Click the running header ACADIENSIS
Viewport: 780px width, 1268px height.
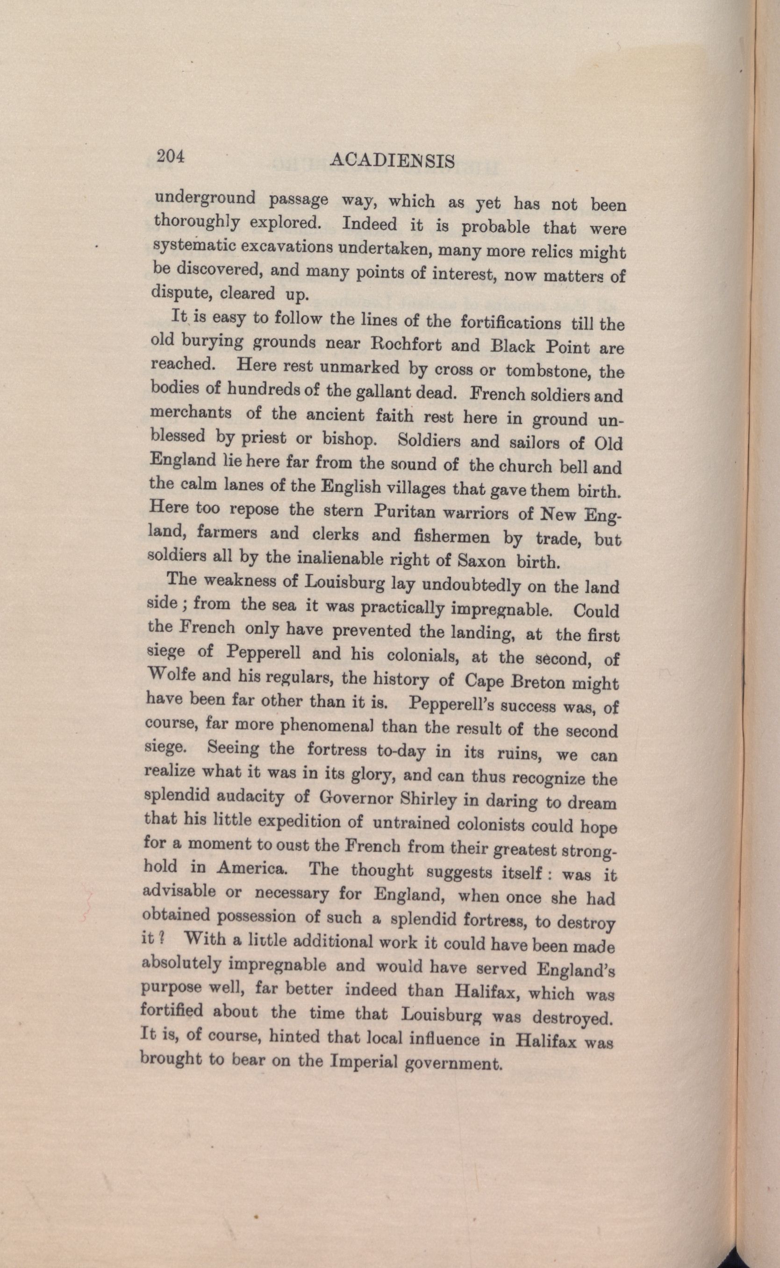coord(391,161)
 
